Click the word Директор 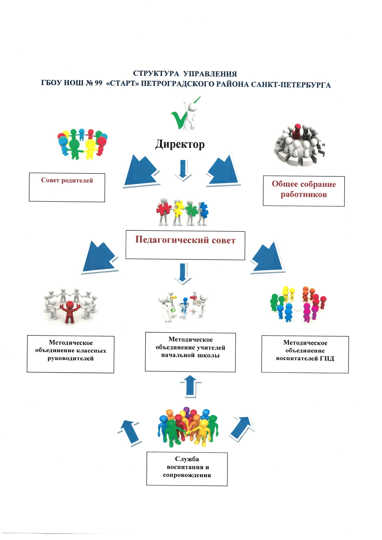point(180,144)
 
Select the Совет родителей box point(67,187)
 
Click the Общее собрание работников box point(304,191)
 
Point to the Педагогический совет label point(185,240)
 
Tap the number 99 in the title point(98,83)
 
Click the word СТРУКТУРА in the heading point(156,74)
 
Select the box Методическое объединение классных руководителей point(70,354)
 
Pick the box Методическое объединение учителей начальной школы point(190,352)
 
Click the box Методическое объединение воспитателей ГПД point(305,354)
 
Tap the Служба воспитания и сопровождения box point(187,469)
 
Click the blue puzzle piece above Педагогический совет point(203,210)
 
